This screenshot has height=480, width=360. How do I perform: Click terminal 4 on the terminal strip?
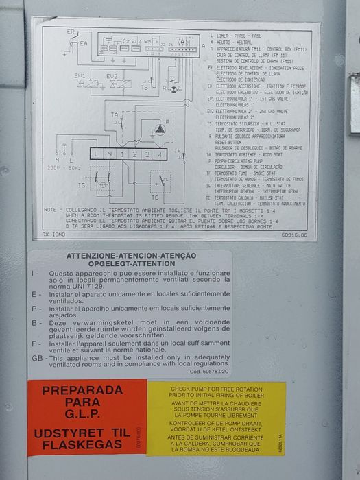click(159, 155)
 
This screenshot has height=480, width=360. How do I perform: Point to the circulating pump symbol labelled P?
click(160, 129)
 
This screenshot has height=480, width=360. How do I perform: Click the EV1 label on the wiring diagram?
click(80, 75)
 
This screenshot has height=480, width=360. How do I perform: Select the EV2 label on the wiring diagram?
click(112, 75)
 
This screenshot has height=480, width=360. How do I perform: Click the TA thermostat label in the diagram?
click(115, 115)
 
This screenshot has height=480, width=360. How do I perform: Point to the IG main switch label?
click(81, 185)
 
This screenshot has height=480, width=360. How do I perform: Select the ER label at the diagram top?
click(71, 32)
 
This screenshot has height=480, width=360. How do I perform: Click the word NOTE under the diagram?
click(50, 210)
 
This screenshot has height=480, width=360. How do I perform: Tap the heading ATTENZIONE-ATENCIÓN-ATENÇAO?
click(130, 256)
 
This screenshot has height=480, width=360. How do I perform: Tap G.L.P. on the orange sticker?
click(86, 414)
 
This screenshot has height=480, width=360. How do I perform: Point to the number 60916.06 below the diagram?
click(293, 235)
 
